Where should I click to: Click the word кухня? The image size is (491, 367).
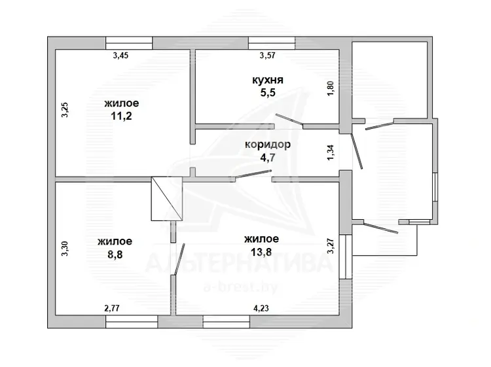click(x=268, y=80)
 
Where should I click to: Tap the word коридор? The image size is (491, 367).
click(x=268, y=145)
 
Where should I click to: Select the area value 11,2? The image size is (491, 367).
click(x=122, y=116)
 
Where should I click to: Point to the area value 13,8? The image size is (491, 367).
click(x=261, y=252)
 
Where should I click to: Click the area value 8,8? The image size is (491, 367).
click(x=115, y=254)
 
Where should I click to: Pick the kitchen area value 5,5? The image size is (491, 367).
click(x=268, y=93)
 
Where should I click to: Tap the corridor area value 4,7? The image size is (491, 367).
click(x=268, y=158)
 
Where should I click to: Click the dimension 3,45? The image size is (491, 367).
click(x=120, y=56)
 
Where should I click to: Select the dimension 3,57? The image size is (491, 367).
click(x=267, y=56)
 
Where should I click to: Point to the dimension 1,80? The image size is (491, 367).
click(x=331, y=88)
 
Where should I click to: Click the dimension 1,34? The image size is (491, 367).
click(x=331, y=152)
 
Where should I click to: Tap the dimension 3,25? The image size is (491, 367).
click(x=65, y=110)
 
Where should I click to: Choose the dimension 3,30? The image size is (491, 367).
click(x=65, y=249)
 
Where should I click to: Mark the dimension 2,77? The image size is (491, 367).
click(x=112, y=308)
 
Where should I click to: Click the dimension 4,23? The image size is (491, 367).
click(x=261, y=308)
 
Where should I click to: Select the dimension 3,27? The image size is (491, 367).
click(x=331, y=246)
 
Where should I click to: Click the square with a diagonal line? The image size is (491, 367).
click(x=166, y=199)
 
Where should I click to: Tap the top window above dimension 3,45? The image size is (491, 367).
click(x=129, y=43)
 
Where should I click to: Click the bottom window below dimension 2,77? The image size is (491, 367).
click(x=132, y=322)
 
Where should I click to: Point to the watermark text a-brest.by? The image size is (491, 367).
click(x=240, y=287)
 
